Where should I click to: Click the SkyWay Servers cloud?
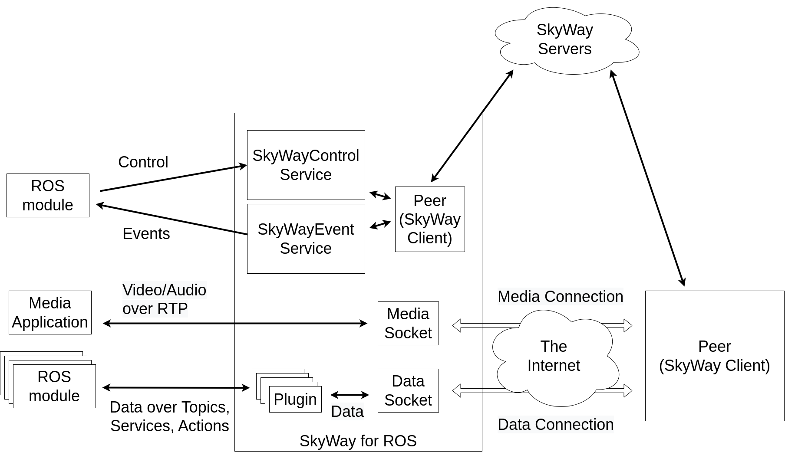coord(564,40)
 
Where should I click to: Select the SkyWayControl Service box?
coord(306,165)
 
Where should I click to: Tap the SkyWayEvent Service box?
coord(306,239)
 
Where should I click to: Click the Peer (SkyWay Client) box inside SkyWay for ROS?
coord(430,219)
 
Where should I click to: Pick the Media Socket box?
coord(408,323)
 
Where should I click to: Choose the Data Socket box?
coord(408,390)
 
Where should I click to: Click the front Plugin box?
coord(295,399)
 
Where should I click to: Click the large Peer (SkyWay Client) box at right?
coord(715,356)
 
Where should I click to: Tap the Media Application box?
coord(50,312)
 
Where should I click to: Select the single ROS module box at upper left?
coord(48,195)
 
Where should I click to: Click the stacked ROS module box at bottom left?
coord(54,386)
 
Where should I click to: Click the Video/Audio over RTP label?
coord(164,299)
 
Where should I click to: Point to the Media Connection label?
coord(560,296)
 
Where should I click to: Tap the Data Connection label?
coord(555,424)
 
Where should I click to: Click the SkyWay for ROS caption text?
coord(358,441)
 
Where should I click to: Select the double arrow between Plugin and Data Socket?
coord(350,395)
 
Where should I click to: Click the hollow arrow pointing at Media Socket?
coord(467,325)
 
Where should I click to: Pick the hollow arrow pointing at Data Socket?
coord(467,391)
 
